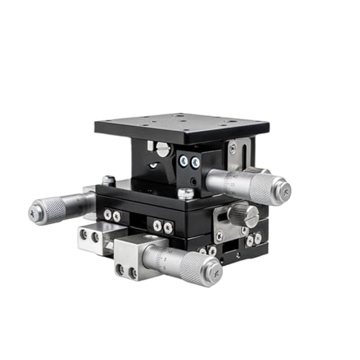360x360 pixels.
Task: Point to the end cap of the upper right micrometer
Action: [285, 191]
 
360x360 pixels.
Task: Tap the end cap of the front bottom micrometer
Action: [213, 271]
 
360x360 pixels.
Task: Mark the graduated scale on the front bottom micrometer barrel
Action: [160, 256]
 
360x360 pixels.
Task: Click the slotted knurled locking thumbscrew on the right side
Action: [243, 214]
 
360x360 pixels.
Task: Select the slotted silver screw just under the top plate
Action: [163, 150]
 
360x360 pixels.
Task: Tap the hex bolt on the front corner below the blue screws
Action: [186, 193]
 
